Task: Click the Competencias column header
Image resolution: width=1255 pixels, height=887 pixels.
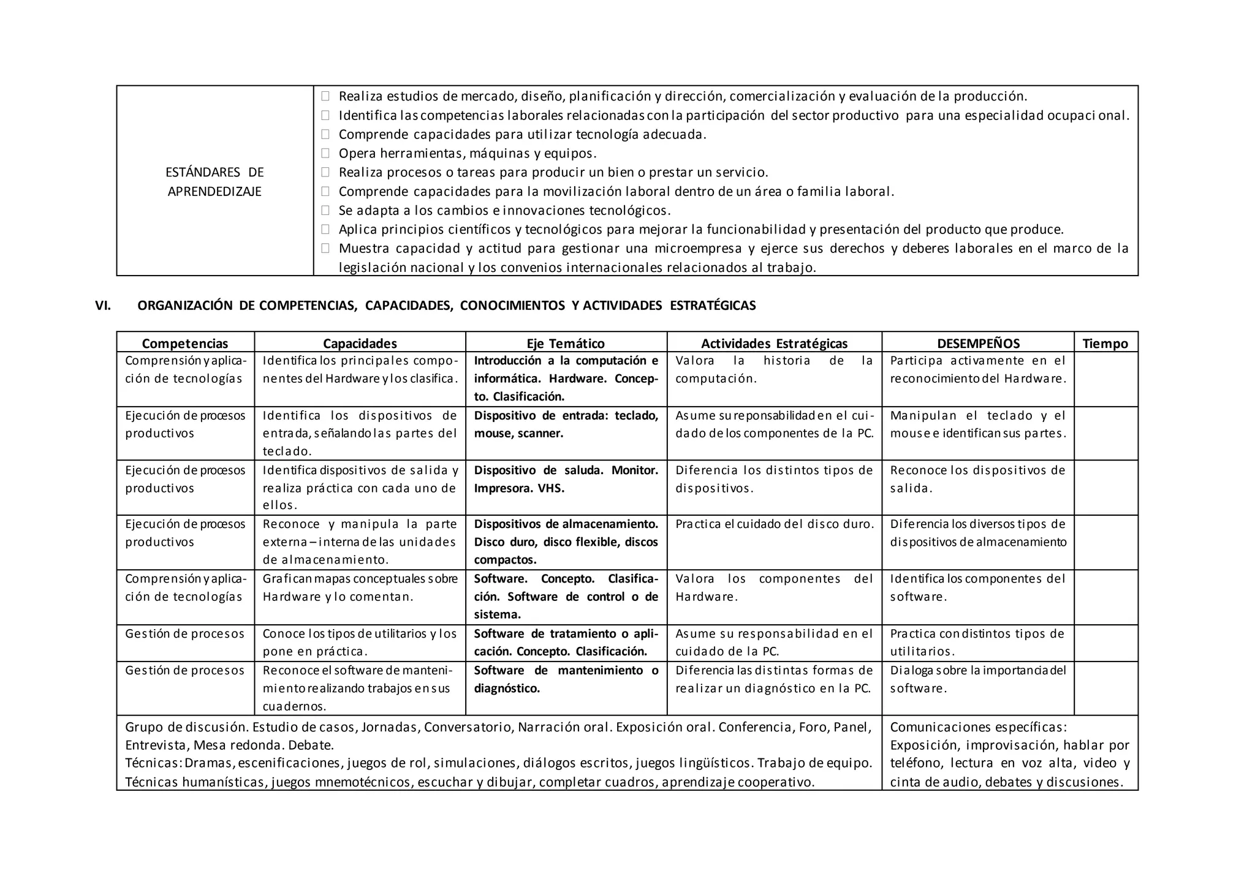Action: click(185, 344)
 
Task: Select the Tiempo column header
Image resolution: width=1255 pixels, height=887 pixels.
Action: click(1105, 344)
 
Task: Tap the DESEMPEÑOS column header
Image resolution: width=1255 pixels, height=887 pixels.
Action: click(978, 344)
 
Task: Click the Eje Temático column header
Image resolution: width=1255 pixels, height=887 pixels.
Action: click(566, 344)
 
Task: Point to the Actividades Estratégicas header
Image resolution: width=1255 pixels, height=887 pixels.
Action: click(774, 344)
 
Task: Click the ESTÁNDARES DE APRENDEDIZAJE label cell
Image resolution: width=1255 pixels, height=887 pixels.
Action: click(214, 182)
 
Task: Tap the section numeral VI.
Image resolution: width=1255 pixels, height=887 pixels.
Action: click(103, 306)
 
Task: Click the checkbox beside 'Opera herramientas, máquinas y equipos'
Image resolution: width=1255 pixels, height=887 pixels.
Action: click(325, 153)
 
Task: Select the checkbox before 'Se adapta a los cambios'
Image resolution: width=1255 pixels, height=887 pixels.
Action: click(325, 211)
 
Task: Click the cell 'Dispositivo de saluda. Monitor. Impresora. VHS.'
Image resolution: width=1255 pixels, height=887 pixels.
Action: click(566, 479)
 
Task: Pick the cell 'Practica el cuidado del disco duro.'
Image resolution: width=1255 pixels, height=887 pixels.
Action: click(774, 524)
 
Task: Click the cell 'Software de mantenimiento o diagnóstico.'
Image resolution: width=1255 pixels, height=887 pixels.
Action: click(566, 679)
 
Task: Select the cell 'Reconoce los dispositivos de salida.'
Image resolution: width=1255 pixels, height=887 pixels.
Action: click(977, 479)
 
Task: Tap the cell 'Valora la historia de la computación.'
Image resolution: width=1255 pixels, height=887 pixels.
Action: click(774, 369)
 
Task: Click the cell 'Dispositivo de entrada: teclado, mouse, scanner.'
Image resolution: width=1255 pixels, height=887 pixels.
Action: click(566, 425)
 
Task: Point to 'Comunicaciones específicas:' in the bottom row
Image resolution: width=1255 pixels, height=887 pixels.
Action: click(978, 727)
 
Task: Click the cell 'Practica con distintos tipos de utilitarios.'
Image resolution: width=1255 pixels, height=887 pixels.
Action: click(977, 642)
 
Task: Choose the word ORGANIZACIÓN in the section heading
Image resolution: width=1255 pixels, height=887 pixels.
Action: click(184, 306)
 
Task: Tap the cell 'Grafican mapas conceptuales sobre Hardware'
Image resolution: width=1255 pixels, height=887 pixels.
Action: click(360, 587)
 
